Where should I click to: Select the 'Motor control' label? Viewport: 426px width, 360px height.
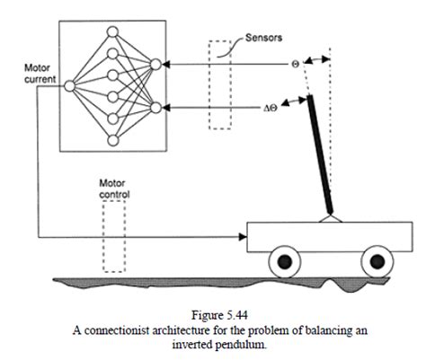tap(114, 189)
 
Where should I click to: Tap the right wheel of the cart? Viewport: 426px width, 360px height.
tap(373, 261)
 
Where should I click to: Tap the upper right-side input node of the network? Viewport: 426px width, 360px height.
tap(156, 64)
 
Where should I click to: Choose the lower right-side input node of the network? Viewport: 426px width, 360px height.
tap(156, 108)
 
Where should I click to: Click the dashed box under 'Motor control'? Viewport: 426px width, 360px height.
tap(114, 235)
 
